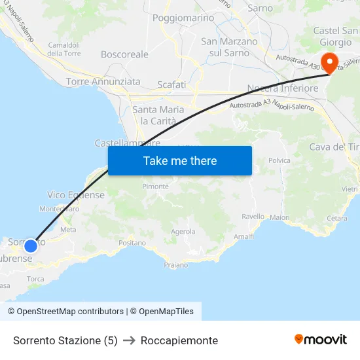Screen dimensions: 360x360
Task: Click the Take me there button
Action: tap(180, 160)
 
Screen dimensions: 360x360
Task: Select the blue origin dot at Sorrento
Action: tap(30, 246)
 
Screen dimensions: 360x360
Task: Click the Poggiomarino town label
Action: tap(180, 18)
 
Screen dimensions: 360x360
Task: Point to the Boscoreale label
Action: tap(124, 54)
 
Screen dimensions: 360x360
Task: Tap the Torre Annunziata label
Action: tap(103, 82)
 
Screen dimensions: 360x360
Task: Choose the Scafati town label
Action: tap(171, 84)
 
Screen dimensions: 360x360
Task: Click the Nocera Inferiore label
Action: tap(283, 88)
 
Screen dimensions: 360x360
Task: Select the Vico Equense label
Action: tap(76, 195)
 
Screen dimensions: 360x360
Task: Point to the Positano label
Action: tap(133, 243)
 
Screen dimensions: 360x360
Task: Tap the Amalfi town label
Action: tap(243, 236)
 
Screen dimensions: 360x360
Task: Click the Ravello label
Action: tap(253, 217)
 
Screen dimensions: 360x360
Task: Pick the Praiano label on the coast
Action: tap(175, 265)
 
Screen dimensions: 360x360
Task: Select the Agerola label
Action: tap(183, 231)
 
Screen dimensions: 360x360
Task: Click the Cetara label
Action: tap(336, 218)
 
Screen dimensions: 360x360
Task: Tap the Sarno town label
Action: tap(260, 9)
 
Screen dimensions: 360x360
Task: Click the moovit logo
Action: tap(321, 339)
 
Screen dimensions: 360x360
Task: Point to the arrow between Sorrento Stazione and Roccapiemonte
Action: tap(129, 340)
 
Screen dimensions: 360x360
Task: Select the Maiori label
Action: tap(279, 217)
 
